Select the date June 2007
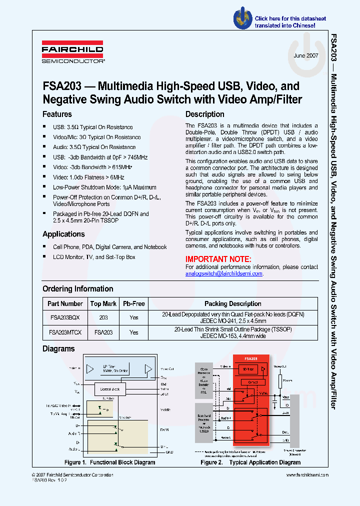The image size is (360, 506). click(306, 56)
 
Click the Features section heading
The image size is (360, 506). click(57, 114)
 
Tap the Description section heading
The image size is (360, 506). click(204, 114)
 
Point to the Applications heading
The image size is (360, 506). click(63, 234)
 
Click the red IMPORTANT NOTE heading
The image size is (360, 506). click(218, 259)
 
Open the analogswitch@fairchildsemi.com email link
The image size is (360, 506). click(223, 273)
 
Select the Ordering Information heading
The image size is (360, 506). click(77, 289)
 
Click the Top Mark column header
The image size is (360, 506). click(103, 303)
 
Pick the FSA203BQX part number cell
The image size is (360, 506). click(65, 317)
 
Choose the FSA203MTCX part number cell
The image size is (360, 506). click(65, 332)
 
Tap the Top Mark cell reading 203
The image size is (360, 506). click(103, 317)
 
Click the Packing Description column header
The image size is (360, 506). click(232, 303)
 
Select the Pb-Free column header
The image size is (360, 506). click(134, 303)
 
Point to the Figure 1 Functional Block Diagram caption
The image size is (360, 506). click(109, 462)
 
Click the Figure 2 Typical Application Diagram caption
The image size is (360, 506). click(250, 462)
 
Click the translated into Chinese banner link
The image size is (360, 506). click(285, 22)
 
